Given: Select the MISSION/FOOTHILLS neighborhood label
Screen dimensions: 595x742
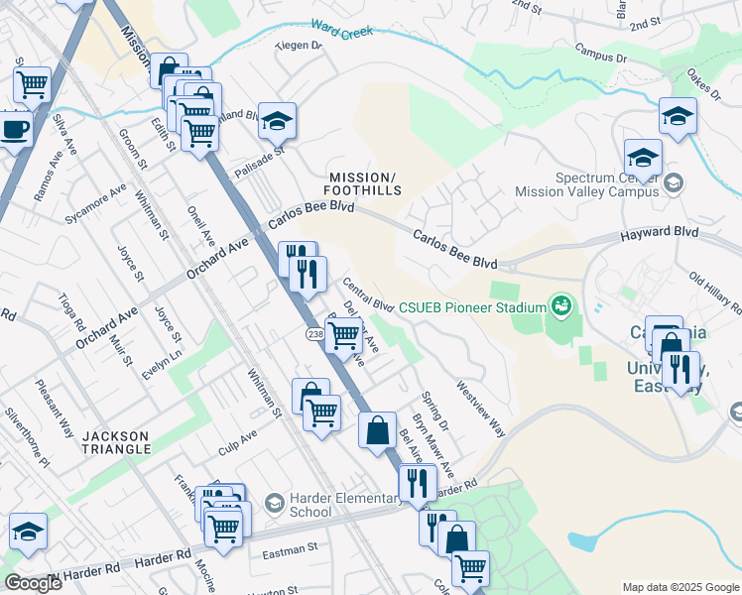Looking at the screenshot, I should [366, 182].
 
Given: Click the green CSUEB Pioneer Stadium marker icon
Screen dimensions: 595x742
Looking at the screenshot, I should [561, 303].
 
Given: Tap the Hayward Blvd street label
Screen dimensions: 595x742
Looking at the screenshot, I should [659, 235].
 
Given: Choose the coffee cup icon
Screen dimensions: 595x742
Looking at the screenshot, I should [14, 130].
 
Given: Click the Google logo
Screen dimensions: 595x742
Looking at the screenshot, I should [33, 583].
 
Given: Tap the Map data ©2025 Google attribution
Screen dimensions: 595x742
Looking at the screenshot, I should [680, 587].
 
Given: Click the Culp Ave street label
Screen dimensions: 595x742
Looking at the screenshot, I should [237, 441].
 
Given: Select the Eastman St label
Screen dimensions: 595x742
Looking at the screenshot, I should [283, 546].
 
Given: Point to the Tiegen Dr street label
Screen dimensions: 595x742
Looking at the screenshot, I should [299, 45].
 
